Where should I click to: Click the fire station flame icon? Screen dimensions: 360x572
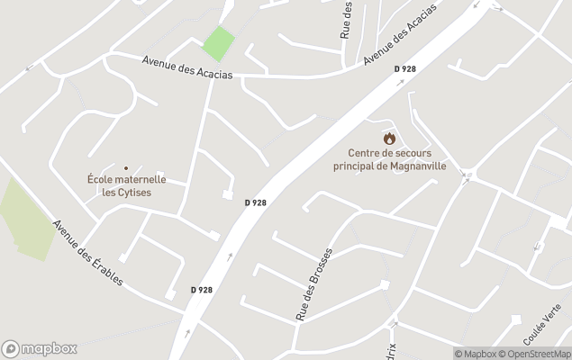click(389, 138)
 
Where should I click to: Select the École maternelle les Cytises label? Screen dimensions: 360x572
click(126, 185)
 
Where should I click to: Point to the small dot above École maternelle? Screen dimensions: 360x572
click(126, 167)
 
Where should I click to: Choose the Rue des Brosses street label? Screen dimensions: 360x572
click(314, 283)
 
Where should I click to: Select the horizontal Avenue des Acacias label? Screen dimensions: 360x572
click(186, 67)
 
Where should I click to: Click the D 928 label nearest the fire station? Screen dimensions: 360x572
click(404, 69)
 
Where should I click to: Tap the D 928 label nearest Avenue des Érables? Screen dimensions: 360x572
click(202, 290)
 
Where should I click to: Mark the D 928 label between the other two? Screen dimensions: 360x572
click(255, 202)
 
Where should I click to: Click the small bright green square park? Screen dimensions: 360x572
click(217, 43)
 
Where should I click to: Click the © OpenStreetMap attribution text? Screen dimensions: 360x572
click(537, 354)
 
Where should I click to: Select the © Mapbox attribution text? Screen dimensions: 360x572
click(477, 354)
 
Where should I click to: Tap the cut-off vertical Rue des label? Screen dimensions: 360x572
click(346, 20)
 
